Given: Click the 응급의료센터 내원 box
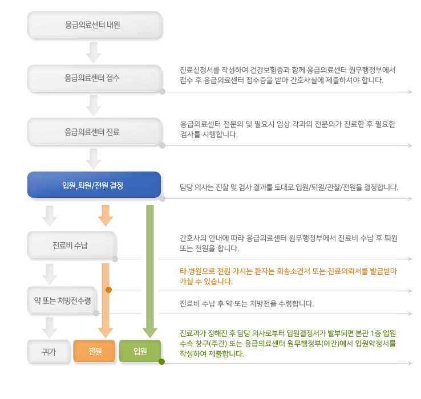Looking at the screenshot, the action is tap(94, 25).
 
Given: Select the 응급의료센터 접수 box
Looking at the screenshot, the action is tap(94, 78).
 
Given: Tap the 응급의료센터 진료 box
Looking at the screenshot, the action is tap(94, 132).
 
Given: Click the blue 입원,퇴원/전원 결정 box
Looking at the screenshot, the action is tap(94, 185).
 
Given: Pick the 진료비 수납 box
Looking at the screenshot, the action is tap(71, 245).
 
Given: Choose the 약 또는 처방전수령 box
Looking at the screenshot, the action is tap(62, 300).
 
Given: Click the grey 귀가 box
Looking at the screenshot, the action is tap(48, 351).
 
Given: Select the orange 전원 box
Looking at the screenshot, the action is tap(94, 351).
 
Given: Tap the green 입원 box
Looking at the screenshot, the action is tap(140, 351).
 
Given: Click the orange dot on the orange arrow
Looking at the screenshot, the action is tap(108, 290).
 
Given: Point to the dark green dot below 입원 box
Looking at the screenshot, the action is tap(161, 362).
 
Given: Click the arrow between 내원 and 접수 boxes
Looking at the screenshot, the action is tap(94, 52).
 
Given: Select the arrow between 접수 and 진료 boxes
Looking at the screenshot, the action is tap(94, 105).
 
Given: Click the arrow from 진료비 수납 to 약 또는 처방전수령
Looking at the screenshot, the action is tap(50, 274).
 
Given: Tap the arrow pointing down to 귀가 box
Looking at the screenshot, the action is tap(50, 328).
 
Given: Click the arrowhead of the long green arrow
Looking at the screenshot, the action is tap(150, 333).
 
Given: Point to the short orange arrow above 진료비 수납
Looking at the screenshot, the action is tap(106, 215).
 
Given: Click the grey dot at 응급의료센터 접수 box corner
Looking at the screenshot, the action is tap(162, 92).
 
